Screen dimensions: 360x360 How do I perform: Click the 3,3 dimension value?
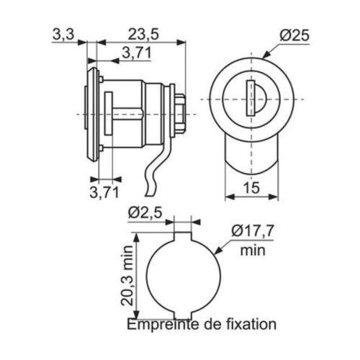63,34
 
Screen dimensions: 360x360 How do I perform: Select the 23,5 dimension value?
143,34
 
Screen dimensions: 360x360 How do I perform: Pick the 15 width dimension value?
252,189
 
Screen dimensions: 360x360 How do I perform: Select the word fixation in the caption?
249,325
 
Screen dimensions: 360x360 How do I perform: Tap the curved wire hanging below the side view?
153,176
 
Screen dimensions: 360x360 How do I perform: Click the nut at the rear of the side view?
182,114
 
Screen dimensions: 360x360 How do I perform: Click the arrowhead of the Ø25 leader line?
266,56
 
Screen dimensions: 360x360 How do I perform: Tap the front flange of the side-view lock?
90,114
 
